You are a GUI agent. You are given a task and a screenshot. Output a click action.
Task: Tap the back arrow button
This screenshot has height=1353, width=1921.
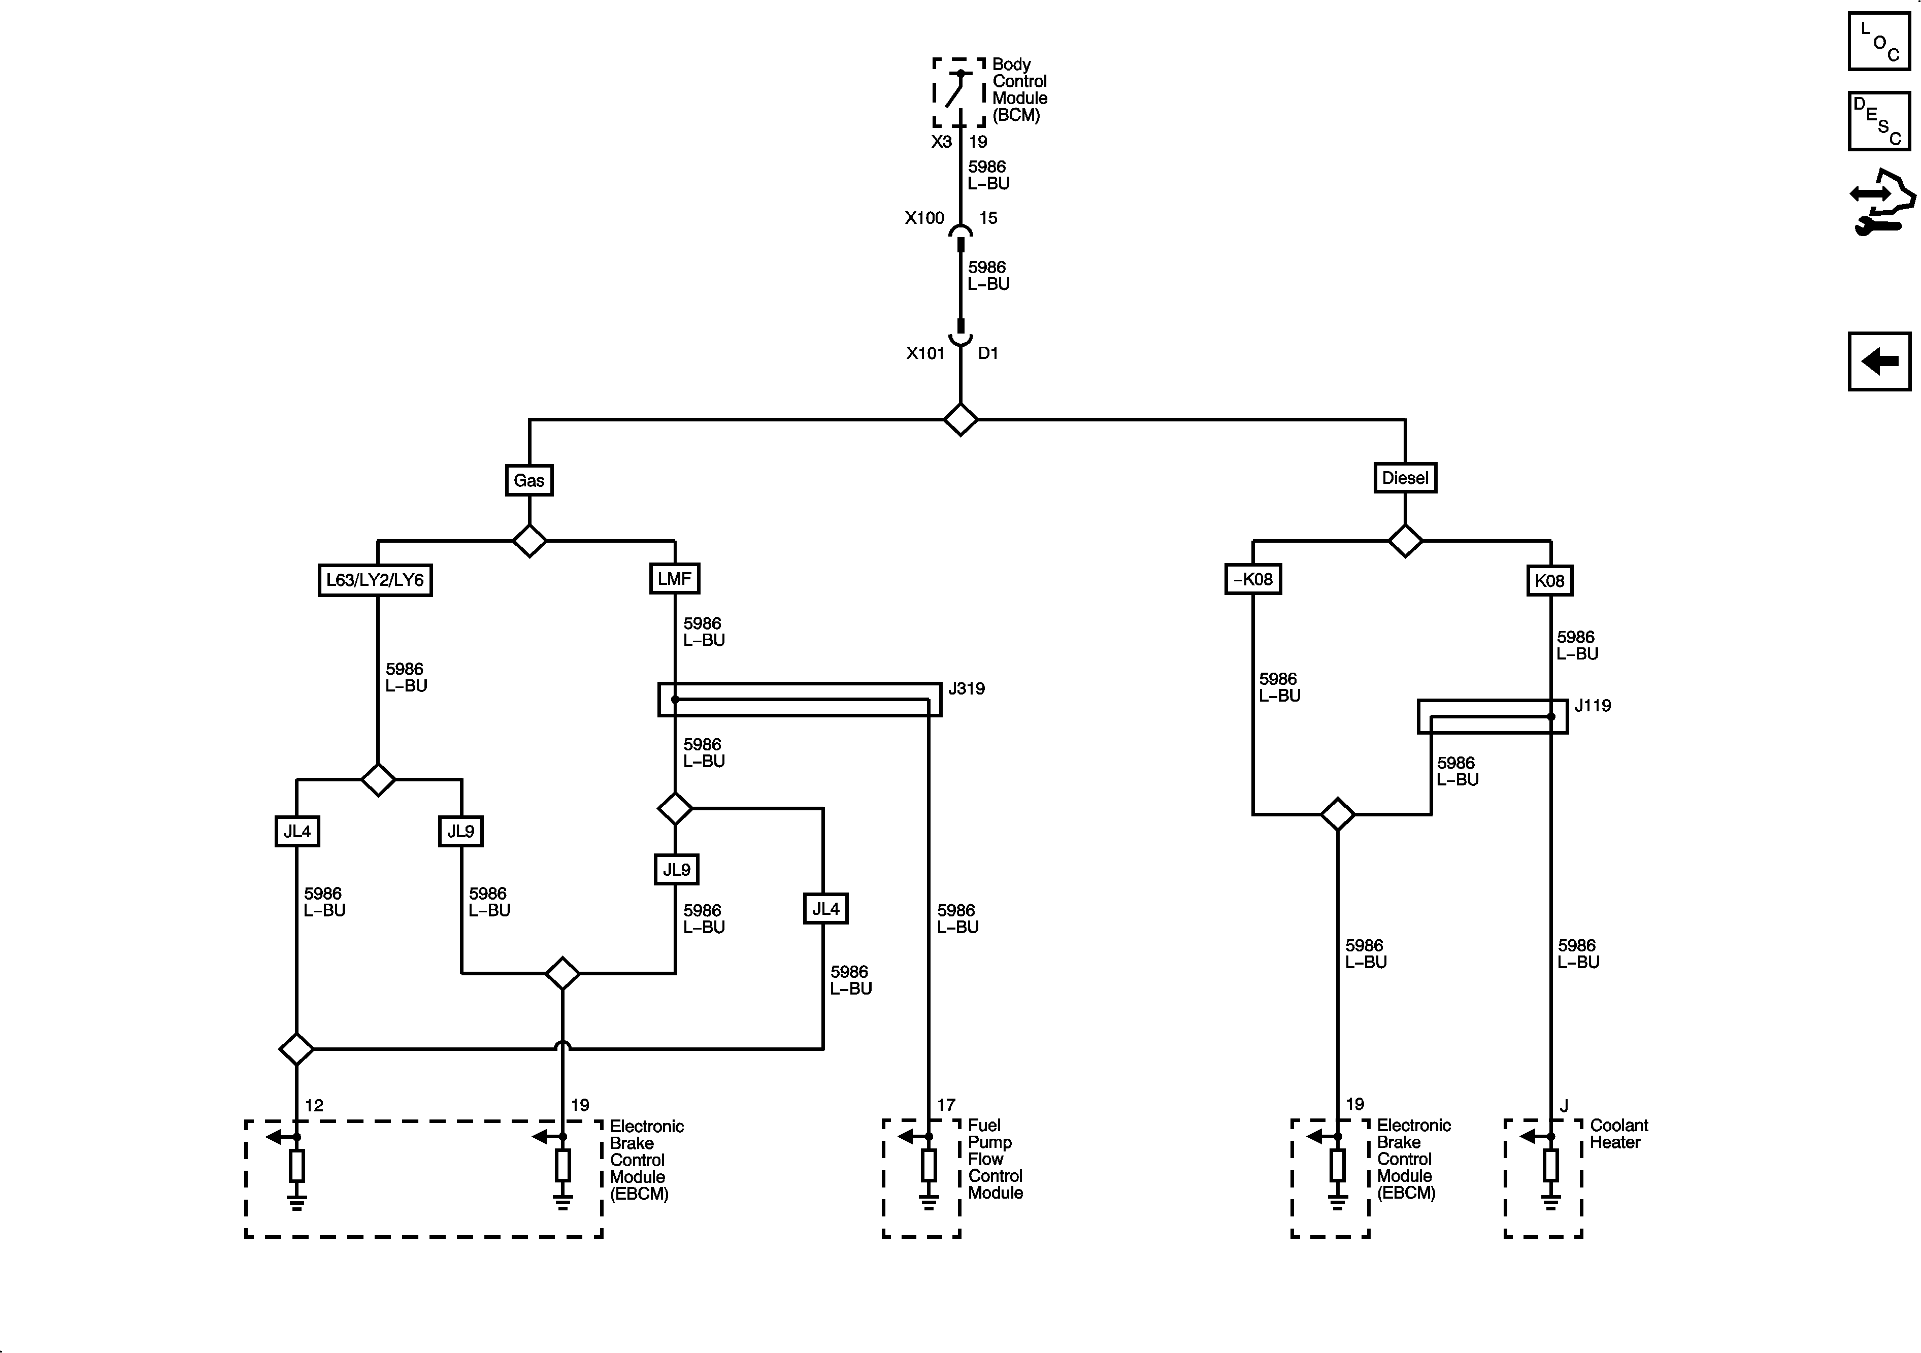1879,361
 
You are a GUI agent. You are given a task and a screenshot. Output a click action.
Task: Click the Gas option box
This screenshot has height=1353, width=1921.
529,480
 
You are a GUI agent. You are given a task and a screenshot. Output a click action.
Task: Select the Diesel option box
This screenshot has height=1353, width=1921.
1405,478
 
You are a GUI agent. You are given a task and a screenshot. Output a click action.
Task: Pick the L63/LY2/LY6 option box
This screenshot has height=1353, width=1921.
375,580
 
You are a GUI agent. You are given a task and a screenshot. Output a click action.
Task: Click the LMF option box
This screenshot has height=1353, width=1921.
674,578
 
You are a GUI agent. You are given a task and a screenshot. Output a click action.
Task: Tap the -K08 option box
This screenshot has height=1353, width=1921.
1252,579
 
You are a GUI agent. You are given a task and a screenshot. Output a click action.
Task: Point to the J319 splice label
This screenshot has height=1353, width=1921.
967,688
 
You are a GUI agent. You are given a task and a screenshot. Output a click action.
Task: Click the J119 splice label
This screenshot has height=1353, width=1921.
1592,705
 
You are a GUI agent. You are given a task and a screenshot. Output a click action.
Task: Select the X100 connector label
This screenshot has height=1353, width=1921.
924,218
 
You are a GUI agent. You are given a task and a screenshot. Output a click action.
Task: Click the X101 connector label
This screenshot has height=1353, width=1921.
925,353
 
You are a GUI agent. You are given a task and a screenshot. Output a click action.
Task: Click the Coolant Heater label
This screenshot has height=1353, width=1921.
1618,1134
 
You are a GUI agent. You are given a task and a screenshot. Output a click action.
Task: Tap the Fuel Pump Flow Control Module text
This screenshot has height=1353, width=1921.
995,1159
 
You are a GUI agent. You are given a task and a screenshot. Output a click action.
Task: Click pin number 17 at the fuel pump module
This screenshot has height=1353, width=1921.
945,1105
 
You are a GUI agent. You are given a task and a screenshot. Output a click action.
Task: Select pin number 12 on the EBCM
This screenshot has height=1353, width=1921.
314,1105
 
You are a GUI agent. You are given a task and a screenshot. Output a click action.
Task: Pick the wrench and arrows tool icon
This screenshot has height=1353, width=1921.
1881,203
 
